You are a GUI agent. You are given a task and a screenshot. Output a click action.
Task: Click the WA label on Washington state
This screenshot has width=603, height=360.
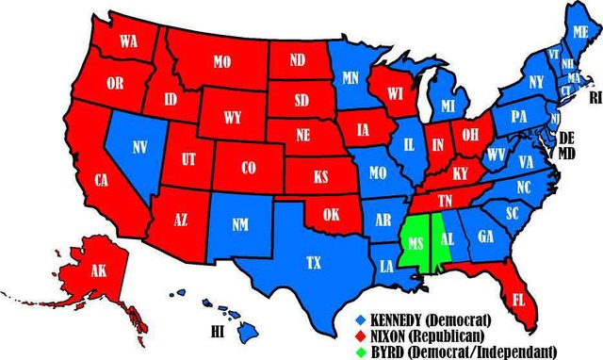tap(128, 41)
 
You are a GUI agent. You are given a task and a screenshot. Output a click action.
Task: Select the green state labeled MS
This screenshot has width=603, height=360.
tap(416, 242)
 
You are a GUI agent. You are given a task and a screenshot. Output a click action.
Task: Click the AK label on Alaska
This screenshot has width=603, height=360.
tap(73, 270)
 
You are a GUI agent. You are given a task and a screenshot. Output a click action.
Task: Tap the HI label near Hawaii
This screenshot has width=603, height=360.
tap(218, 331)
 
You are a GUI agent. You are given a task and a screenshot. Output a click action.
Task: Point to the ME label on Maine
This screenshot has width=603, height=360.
tap(580, 31)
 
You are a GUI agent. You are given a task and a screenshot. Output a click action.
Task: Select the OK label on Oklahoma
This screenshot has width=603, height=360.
tap(332, 213)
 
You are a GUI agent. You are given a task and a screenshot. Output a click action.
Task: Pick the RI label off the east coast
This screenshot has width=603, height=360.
tap(594, 96)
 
